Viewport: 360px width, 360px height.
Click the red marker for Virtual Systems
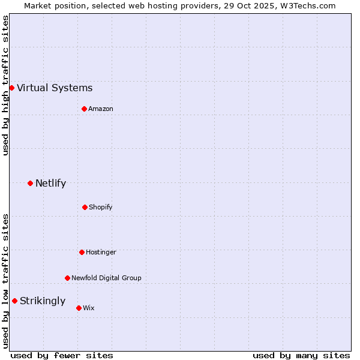[11, 88]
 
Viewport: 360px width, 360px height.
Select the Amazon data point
[84, 109]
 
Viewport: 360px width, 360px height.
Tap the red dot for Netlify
[30, 183]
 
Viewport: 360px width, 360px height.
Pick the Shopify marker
[85, 207]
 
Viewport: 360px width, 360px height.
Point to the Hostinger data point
[82, 252]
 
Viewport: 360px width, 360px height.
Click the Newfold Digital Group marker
[67, 278]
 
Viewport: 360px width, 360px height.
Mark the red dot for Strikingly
[14, 301]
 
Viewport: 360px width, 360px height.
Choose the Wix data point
[79, 308]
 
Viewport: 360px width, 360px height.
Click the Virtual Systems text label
[55, 88]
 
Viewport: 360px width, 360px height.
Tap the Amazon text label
[101, 109]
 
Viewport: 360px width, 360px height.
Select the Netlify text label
[50, 184]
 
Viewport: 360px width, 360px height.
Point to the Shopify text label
[101, 207]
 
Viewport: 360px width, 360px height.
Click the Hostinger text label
[101, 252]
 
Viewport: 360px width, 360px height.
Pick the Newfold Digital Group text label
[106, 278]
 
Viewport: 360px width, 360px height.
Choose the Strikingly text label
[43, 301]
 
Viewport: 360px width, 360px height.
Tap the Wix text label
[89, 308]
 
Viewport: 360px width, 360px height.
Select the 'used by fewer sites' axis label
[62, 355]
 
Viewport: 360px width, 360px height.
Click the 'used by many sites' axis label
[301, 355]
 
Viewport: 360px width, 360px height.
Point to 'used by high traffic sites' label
[5, 85]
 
